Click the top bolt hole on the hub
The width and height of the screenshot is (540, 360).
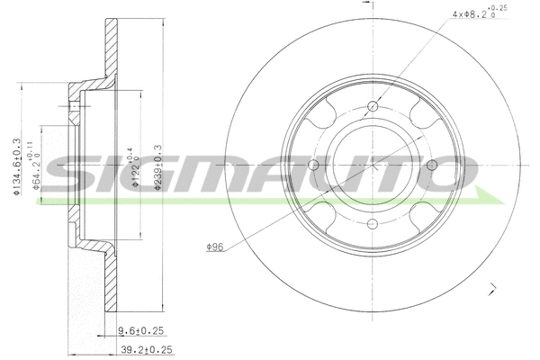(x=372, y=106)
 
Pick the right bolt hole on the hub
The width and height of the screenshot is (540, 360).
(x=430, y=165)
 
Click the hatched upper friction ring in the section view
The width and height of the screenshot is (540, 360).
(x=112, y=49)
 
